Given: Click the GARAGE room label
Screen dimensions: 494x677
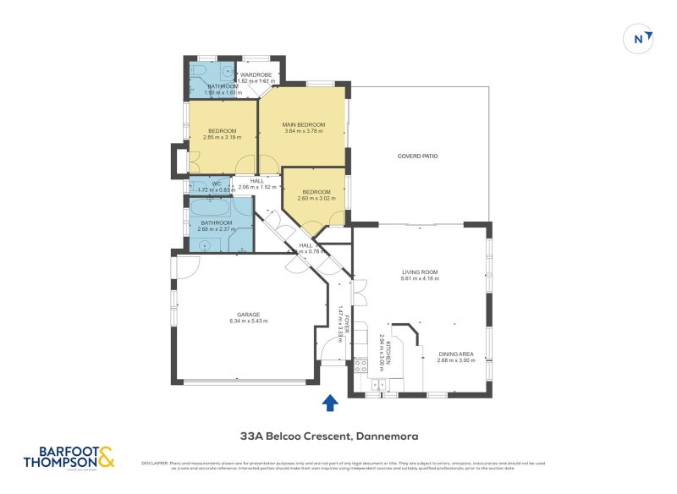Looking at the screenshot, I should tap(248, 314).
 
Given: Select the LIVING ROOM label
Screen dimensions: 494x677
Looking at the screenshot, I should tap(420, 272).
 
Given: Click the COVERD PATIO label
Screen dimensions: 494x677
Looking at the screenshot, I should tap(418, 156).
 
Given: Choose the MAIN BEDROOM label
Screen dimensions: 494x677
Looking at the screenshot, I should tap(303, 125).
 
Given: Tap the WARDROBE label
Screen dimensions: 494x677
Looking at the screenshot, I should tap(255, 75).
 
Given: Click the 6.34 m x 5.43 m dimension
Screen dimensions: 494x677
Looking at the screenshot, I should tap(248, 321).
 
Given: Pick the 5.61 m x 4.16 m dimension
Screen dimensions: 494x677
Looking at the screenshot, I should tap(420, 279).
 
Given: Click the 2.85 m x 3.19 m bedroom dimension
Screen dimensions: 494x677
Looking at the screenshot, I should tap(222, 138).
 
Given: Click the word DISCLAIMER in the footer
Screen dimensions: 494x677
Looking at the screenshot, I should tap(156, 463).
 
